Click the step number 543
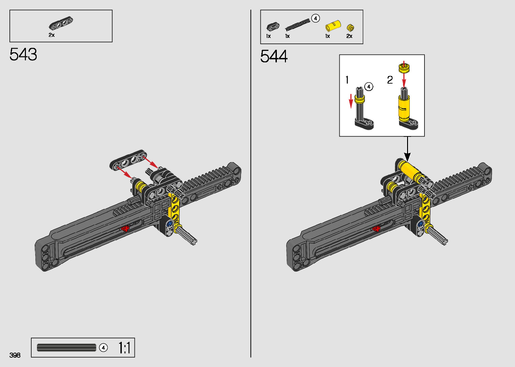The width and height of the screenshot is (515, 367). click(x=23, y=54)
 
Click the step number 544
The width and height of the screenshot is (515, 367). click(x=274, y=56)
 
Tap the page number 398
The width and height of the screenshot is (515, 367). click(x=15, y=355)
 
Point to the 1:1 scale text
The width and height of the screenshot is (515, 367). click(x=124, y=347)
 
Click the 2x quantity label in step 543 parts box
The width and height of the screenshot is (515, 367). click(x=51, y=35)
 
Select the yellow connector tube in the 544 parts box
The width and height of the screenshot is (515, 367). click(x=333, y=26)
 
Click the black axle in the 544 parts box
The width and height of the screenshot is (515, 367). click(x=297, y=25)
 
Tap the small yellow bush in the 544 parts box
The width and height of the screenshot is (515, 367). click(x=351, y=28)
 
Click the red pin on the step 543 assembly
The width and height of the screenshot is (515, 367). click(x=125, y=228)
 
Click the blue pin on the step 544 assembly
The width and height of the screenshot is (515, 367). click(x=420, y=223)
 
